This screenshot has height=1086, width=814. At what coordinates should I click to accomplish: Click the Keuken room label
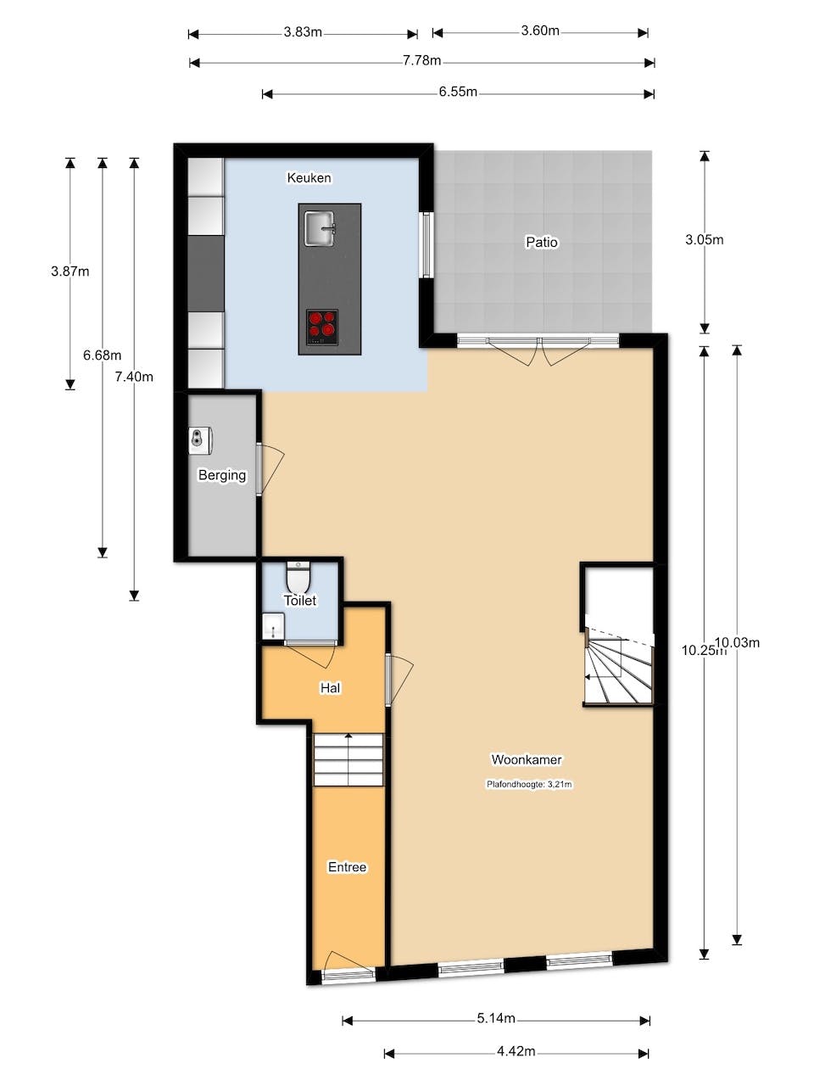(309, 177)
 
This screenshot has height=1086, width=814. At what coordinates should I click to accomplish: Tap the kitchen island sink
(320, 227)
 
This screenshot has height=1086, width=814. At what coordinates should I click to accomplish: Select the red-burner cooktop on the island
(322, 326)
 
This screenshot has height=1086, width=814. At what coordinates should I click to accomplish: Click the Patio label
(542, 242)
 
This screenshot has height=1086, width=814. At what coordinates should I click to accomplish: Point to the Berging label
(222, 475)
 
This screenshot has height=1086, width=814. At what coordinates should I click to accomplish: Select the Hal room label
(330, 687)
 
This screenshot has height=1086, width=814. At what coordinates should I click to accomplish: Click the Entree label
(347, 866)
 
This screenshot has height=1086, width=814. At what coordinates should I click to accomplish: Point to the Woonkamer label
(527, 759)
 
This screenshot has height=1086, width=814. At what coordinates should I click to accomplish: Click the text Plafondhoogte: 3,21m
(529, 784)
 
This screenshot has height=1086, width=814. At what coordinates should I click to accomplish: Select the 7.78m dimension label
(421, 61)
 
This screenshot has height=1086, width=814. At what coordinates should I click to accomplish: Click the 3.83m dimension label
(303, 32)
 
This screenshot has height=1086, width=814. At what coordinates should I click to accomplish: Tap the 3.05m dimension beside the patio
(704, 239)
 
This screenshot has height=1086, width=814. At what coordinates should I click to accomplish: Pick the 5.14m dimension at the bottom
(496, 1018)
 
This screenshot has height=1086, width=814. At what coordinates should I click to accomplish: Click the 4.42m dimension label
(516, 1051)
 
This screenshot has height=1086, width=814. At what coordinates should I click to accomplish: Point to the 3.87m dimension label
(70, 271)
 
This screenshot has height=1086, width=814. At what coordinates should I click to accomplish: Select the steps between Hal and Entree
(348, 760)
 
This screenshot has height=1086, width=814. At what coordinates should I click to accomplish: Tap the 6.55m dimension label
(458, 92)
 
